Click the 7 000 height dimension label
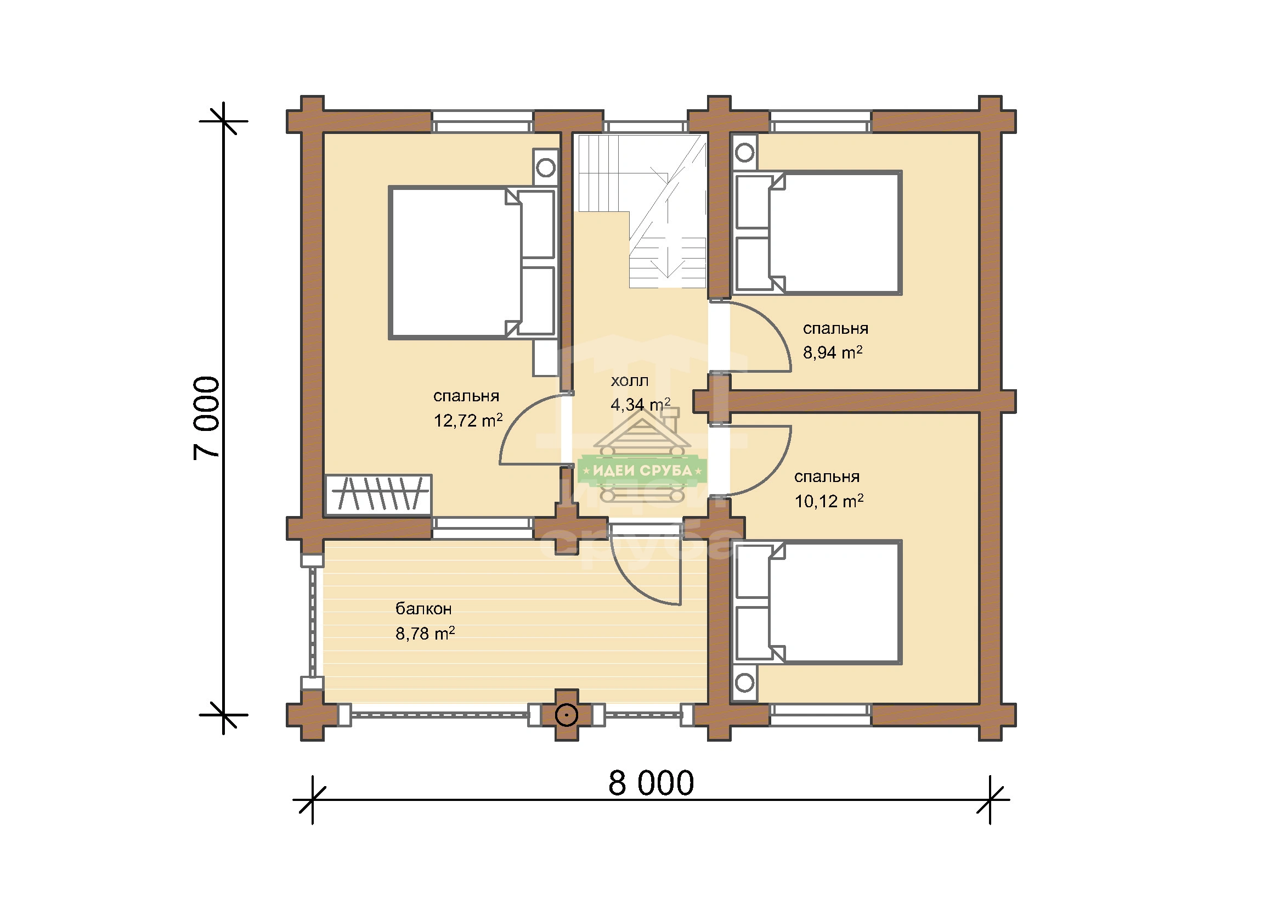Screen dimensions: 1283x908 [x=207, y=418]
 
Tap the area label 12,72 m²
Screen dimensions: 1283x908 [x=468, y=421]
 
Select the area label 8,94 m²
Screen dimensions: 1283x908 [x=833, y=352]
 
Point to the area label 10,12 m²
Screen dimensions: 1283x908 [x=829, y=501]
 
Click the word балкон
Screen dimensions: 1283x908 [x=423, y=608]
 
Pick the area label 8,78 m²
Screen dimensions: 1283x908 [x=425, y=634]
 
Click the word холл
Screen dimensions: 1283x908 [x=630, y=382]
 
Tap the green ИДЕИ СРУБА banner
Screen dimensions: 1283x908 [x=642, y=471]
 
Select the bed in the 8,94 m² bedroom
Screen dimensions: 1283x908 [x=817, y=233]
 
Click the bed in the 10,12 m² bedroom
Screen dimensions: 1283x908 [x=817, y=602]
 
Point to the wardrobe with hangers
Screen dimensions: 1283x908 [x=378, y=494]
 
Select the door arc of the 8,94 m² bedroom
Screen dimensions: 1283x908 [x=774, y=324]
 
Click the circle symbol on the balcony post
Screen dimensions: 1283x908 [x=567, y=715]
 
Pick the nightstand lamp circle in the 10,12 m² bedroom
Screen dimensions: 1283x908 [x=744, y=683]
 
